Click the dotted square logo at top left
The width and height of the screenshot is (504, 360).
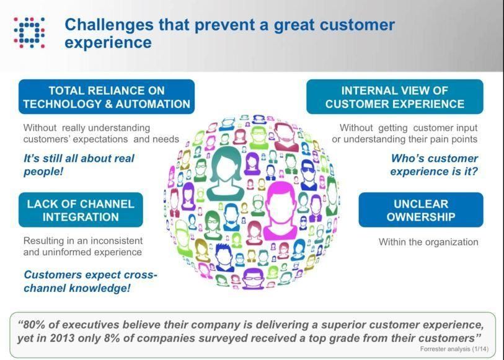tap(29, 32)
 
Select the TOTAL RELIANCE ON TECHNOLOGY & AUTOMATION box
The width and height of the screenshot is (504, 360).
tap(107, 97)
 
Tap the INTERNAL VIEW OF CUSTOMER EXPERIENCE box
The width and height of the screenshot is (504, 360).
tap(395, 97)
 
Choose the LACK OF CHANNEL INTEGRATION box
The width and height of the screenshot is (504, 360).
tap(81, 210)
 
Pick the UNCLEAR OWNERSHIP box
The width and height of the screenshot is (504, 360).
tap(421, 210)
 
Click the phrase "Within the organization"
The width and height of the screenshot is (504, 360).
tap(428, 242)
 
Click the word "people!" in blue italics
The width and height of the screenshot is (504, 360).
tap(43, 171)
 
